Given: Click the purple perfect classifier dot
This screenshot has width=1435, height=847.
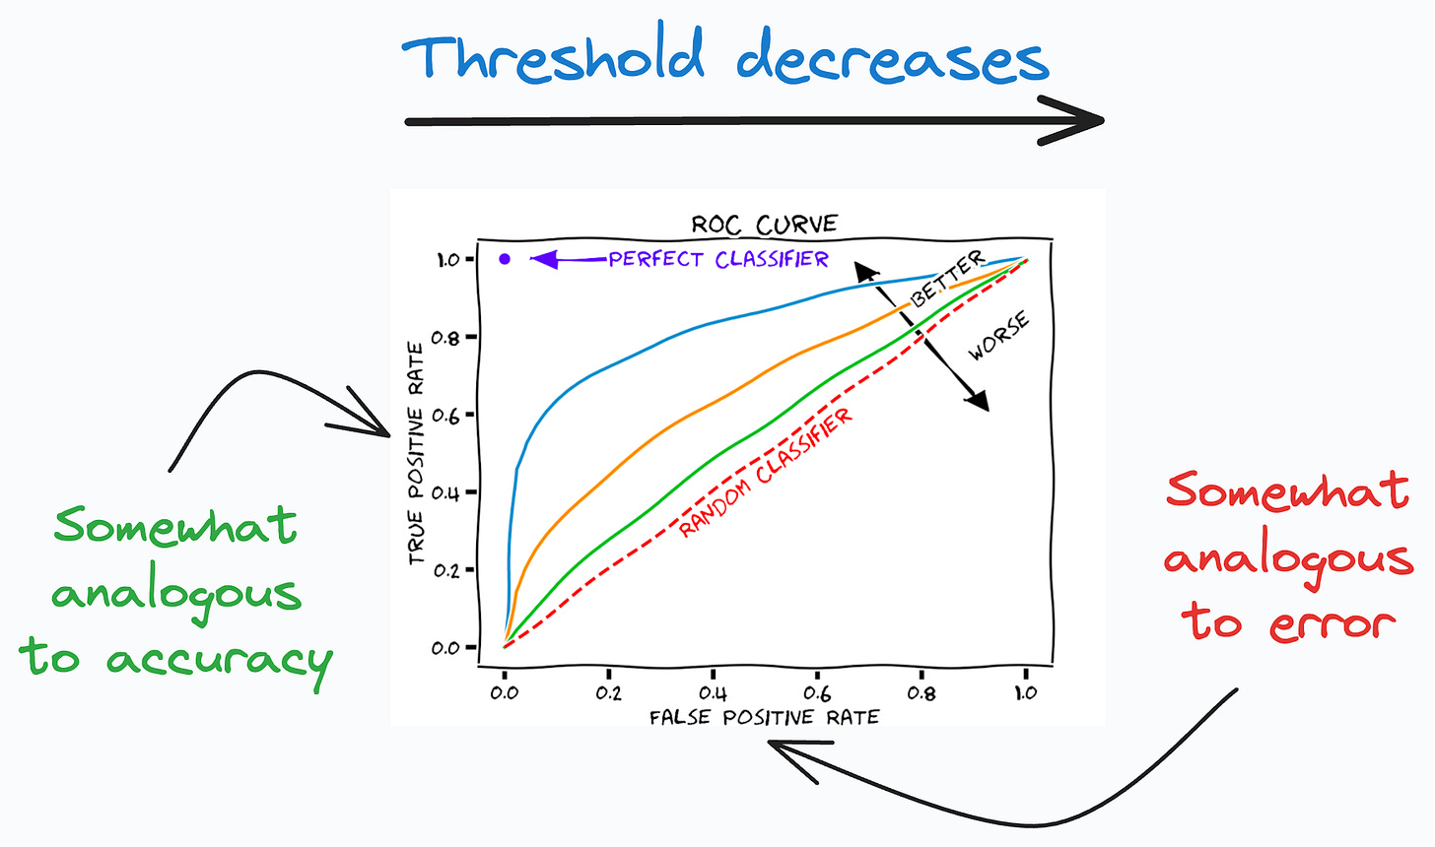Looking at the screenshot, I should [x=505, y=259].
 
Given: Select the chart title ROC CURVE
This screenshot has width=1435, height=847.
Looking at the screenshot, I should [x=764, y=225].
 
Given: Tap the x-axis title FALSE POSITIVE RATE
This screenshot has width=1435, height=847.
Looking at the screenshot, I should [x=764, y=718].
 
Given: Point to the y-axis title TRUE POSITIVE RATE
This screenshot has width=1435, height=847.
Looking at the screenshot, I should [x=416, y=454].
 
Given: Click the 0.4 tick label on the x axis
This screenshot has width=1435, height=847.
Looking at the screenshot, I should [x=713, y=693].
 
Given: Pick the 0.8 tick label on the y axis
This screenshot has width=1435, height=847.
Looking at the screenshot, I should [x=447, y=338].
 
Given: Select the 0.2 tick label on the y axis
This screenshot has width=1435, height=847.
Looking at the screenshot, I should [x=447, y=570].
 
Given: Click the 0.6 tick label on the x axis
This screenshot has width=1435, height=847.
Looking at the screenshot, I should [x=817, y=693].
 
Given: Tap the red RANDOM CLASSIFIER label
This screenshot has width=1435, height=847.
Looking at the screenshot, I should [x=766, y=474].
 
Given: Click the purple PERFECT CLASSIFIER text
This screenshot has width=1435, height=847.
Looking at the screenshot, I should [x=718, y=259].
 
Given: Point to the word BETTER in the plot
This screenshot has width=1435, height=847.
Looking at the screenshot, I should [x=946, y=279].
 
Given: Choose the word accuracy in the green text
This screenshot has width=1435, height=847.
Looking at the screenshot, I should [x=219, y=661].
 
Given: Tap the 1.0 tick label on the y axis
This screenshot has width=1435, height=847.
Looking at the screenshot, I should [x=447, y=260].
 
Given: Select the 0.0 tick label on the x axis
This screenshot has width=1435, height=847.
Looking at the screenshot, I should [x=505, y=693].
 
